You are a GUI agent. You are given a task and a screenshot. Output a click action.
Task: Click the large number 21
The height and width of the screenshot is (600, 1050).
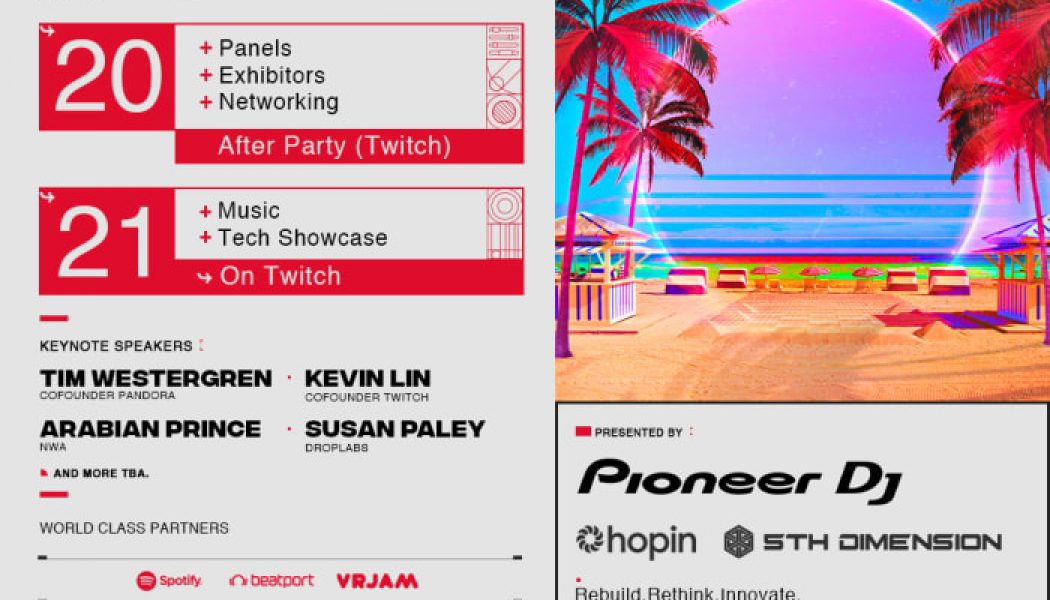105,241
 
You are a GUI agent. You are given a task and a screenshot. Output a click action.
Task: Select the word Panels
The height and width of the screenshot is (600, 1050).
255,48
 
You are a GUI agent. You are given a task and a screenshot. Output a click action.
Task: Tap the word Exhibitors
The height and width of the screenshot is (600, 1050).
271,75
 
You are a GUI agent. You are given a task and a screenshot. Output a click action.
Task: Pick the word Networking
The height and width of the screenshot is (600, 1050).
278,102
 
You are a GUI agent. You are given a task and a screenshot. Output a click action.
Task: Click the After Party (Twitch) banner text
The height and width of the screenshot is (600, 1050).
334,146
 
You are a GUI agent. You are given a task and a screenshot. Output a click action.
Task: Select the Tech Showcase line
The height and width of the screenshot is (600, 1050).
302,238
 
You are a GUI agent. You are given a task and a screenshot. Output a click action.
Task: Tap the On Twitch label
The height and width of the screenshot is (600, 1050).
279,277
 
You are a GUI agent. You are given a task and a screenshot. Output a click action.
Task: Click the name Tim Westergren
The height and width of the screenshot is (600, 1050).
155,379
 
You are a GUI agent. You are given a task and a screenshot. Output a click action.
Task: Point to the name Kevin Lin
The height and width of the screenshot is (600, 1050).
367,379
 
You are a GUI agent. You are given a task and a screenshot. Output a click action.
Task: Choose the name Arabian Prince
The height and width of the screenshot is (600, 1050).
150,429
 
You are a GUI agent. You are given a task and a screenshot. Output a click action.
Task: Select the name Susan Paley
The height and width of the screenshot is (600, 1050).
394,429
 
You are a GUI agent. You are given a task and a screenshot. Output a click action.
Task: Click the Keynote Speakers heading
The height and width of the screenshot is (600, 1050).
115,346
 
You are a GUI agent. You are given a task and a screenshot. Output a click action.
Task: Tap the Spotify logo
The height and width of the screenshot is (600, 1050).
169,580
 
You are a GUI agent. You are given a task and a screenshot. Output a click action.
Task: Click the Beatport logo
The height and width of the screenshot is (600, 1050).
271,580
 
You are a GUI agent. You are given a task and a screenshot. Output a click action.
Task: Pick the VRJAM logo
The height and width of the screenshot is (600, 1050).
377,580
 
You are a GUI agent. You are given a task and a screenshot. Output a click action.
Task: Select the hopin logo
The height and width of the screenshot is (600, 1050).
636,541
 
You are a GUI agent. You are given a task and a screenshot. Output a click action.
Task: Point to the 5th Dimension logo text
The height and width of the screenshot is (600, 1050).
880,542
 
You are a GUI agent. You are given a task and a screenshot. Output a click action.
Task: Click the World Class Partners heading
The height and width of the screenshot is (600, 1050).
134,528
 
